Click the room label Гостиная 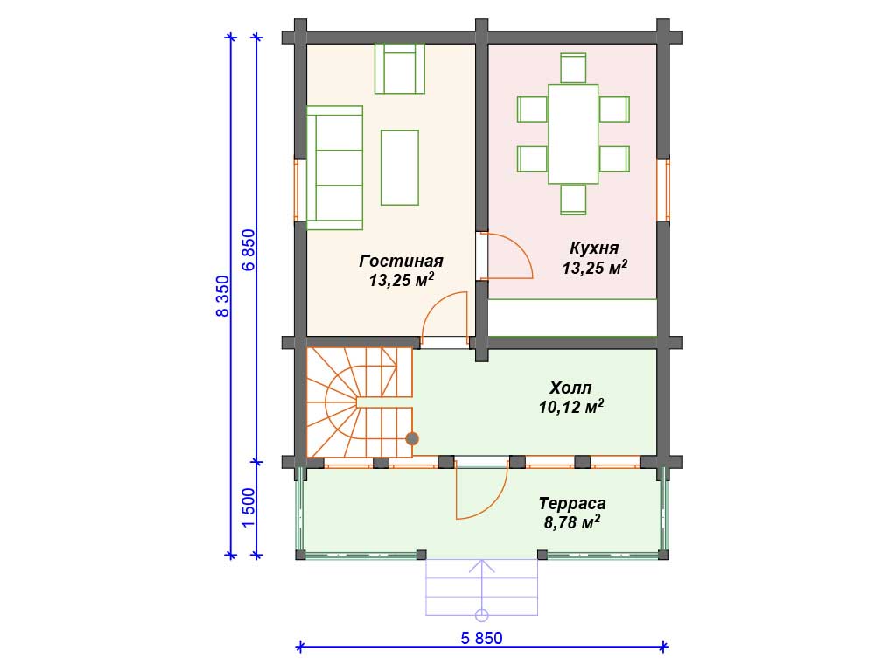pyautogui.click(x=401, y=261)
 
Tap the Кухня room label pyautogui.click(x=594, y=248)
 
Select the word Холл pyautogui.click(x=570, y=388)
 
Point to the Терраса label pyautogui.click(x=572, y=503)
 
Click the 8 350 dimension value pyautogui.click(x=222, y=296)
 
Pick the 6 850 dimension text pyautogui.click(x=248, y=249)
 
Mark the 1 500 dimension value pyautogui.click(x=248, y=508)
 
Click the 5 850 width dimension pyautogui.click(x=482, y=638)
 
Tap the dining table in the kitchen pyautogui.click(x=573, y=134)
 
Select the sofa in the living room pyautogui.click(x=335, y=167)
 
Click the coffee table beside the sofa pyautogui.click(x=399, y=167)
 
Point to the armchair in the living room pyautogui.click(x=399, y=68)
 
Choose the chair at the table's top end pyautogui.click(x=573, y=68)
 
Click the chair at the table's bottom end pyautogui.click(x=573, y=199)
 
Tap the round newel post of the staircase pyautogui.click(x=412, y=439)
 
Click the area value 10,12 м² pyautogui.click(x=571, y=406)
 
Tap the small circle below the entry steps pyautogui.click(x=482, y=615)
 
